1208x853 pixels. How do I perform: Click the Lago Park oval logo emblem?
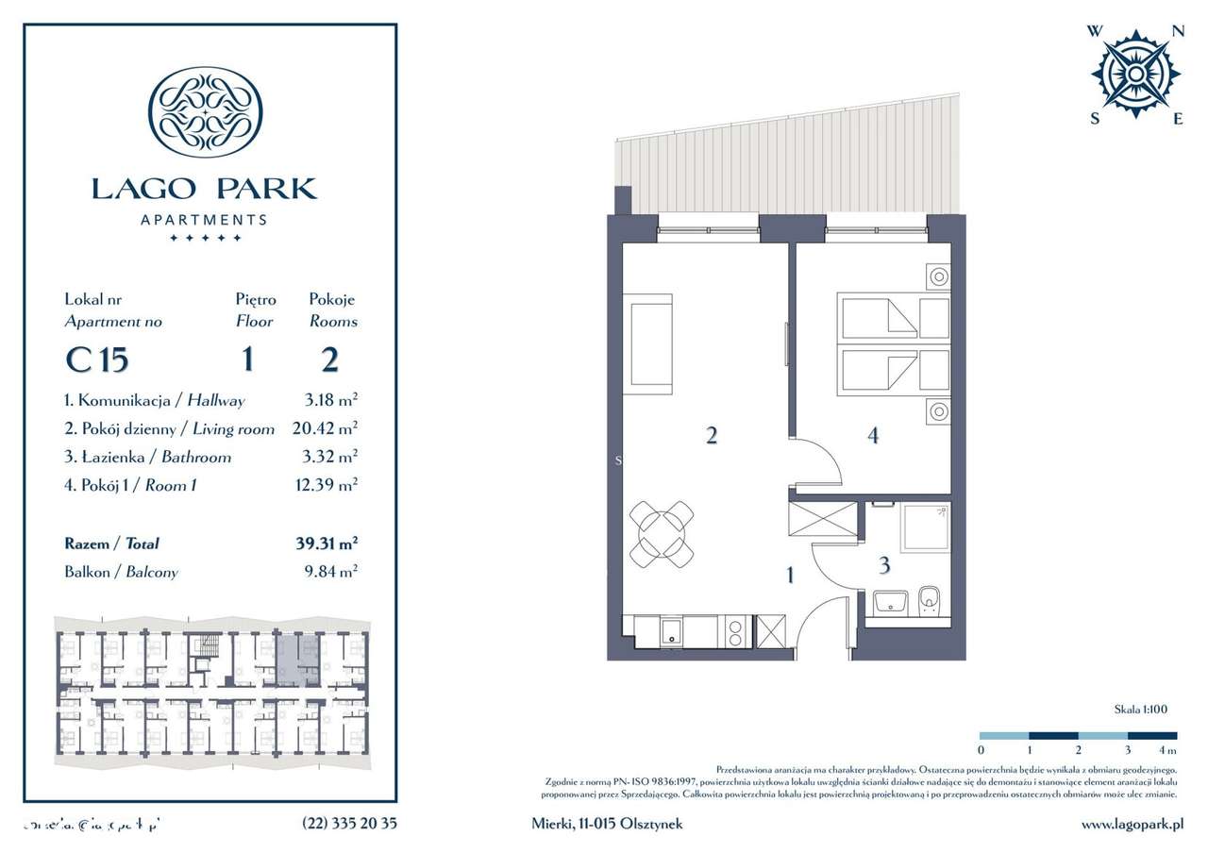tap(206, 111)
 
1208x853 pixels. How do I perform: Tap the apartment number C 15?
tap(96, 360)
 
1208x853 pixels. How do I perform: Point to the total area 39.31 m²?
tap(327, 544)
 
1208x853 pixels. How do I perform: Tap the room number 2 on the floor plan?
tap(712, 435)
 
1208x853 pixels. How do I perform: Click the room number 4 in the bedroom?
tap(873, 435)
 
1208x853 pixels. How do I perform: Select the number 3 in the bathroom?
tap(883, 566)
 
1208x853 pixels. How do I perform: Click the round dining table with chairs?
tap(662, 535)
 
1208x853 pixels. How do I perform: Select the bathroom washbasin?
tap(890, 602)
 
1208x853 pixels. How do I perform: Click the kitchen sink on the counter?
tap(671, 630)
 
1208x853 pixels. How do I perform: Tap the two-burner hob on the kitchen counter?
tap(737, 630)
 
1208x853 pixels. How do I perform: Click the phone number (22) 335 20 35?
tap(349, 824)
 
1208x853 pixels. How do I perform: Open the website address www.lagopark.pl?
tap(1132, 824)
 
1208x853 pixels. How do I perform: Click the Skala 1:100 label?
tap(1140, 709)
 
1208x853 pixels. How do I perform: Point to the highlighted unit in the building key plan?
tap(297, 659)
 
